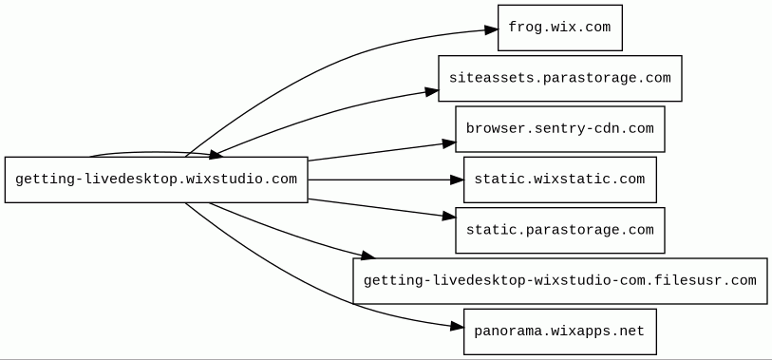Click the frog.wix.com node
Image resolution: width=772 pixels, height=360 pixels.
pos(560,28)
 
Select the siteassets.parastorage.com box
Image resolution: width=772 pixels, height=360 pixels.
pos(560,78)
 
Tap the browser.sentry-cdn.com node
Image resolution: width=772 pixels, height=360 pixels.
pos(560,129)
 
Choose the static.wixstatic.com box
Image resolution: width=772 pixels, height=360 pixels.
pos(560,180)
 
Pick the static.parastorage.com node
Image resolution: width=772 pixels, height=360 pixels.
pos(560,231)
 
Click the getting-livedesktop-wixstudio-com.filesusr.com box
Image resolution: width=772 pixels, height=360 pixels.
pos(560,281)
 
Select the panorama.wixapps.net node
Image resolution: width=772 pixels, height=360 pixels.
pos(560,332)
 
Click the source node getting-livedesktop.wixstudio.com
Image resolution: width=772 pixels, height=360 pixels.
pos(156,180)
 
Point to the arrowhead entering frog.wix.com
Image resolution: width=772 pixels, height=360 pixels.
pos(491,30)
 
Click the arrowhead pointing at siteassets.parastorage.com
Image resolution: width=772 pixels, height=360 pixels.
pos(432,91)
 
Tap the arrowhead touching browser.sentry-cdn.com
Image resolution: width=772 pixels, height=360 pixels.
pos(449,143)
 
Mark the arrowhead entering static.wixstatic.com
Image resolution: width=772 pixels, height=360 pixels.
pos(458,180)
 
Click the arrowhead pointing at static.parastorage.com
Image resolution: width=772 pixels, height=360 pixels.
pos(449,216)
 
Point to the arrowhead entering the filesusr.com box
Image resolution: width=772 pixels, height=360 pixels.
pos(367,255)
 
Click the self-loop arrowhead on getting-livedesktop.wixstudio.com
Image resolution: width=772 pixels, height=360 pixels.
pos(217,155)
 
